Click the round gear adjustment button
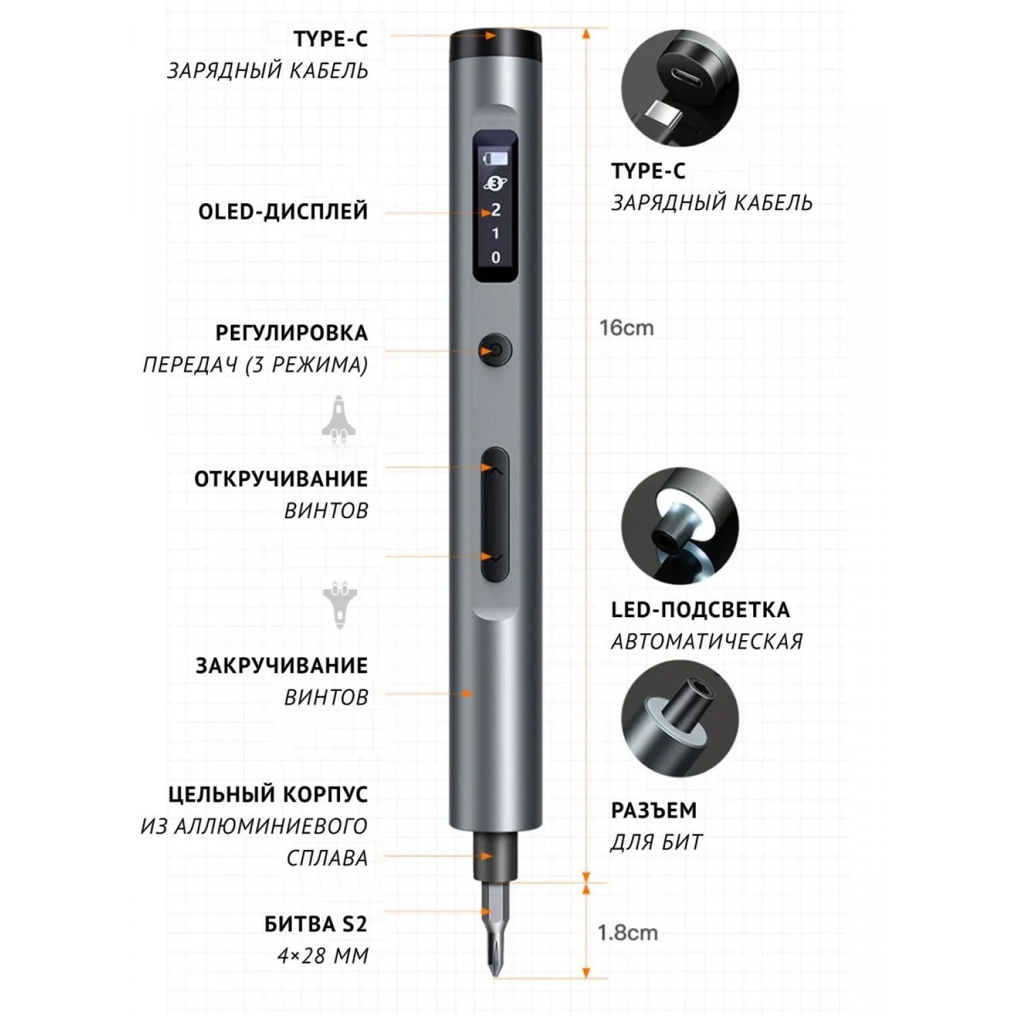tap(494, 351)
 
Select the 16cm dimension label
tap(627, 328)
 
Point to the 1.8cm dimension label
tap(627, 933)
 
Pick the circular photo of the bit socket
tap(680, 719)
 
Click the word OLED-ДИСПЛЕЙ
tap(283, 211)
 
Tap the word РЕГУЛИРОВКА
tap(292, 333)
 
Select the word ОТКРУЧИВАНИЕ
tap(281, 479)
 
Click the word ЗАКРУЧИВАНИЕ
tap(282, 665)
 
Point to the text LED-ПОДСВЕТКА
tap(700, 610)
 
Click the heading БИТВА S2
tap(316, 924)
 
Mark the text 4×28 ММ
tap(323, 956)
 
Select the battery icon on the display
tap(494, 159)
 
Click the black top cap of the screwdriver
tap(495, 45)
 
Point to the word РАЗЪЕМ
tap(654, 810)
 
